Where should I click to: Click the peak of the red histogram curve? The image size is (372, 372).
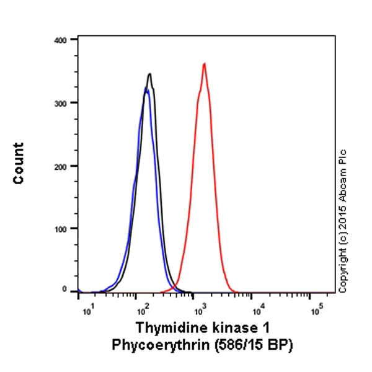[x=204, y=64]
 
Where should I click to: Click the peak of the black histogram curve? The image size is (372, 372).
[x=149, y=74]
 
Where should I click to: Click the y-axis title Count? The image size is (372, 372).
[x=19, y=164]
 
